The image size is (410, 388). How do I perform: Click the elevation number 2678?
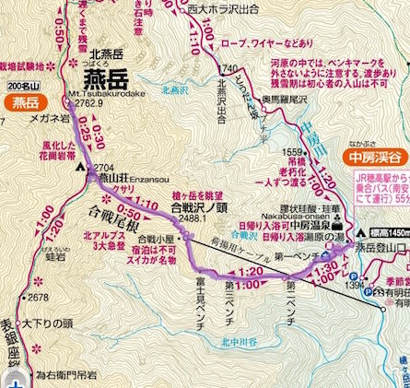pyautogui.click(x=37, y=298)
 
